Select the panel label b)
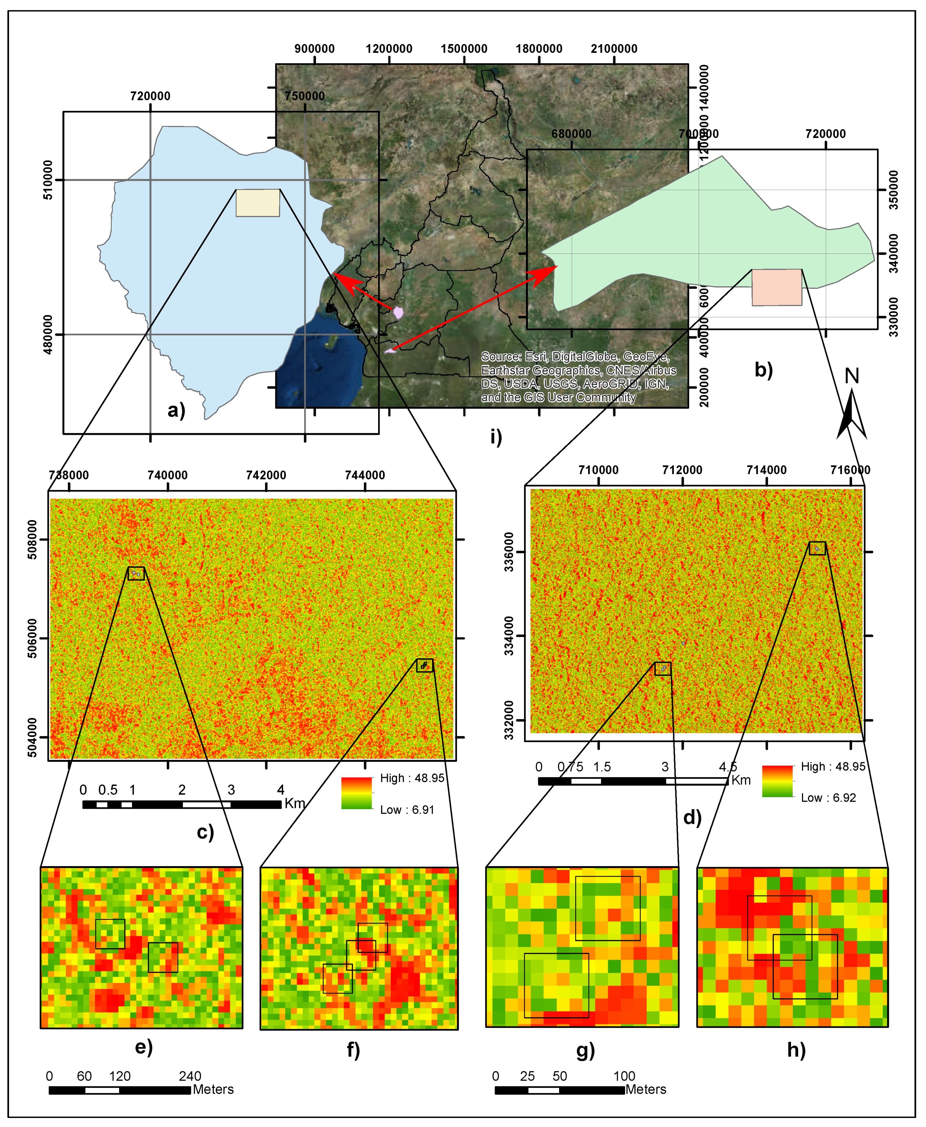point(763,370)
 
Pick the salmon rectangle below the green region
point(777,288)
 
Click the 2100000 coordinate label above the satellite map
point(614,49)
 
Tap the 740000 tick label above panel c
point(167,475)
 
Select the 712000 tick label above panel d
point(682,470)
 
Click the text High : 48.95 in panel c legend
point(412,778)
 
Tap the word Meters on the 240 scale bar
point(213,1089)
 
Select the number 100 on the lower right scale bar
point(624,1076)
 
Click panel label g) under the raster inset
point(585,1050)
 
